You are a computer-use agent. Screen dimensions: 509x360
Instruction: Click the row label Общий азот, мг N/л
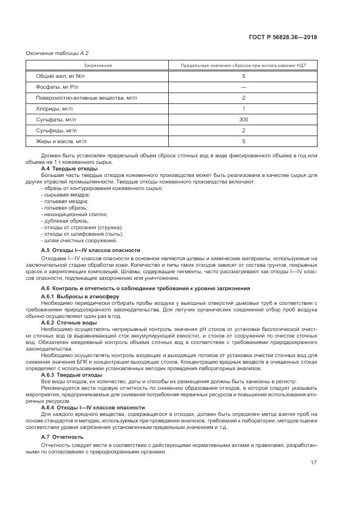61,76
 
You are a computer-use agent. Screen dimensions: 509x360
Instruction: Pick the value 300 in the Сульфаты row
243,119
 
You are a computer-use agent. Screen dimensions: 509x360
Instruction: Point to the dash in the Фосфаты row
243,87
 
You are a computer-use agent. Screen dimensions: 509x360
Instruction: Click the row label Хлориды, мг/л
54,109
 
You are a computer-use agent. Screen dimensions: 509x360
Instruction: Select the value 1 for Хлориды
243,109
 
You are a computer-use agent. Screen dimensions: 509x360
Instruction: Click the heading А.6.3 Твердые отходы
71,375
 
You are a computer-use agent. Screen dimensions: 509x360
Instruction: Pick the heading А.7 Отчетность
62,437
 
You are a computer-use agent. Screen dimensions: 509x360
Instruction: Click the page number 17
314,462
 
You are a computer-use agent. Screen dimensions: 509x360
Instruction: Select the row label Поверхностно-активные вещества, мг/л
87,98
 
